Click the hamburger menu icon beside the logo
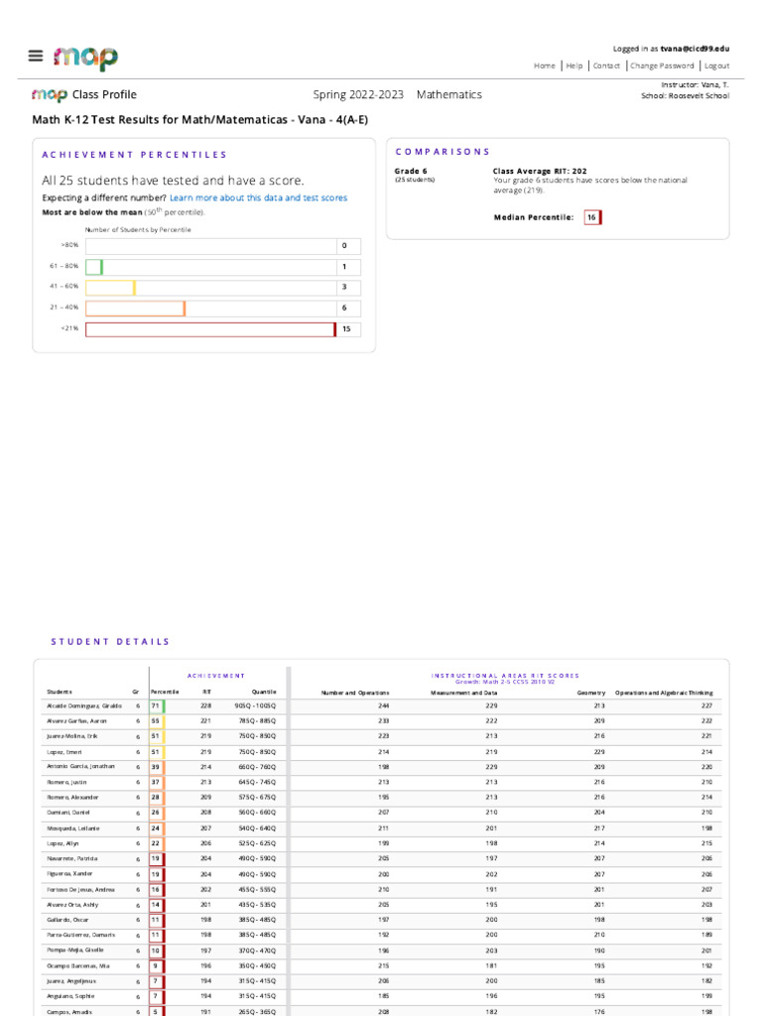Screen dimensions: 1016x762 pos(36,57)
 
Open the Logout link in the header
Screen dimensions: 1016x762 pos(716,65)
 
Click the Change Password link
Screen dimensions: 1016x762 pos(661,65)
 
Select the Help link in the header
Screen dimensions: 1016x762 pos(574,65)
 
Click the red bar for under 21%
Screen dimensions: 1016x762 pos(210,329)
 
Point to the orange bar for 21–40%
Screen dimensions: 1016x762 pos(135,309)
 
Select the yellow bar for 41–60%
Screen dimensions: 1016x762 pos(110,288)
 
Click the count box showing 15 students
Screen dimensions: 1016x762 pos(348,329)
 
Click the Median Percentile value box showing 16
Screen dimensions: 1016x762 pos(591,217)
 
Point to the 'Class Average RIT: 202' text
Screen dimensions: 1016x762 pos(540,171)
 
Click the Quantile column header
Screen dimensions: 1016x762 pos(264,692)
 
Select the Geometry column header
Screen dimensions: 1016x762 pos(591,692)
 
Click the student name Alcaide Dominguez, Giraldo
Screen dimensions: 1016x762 pos(84,705)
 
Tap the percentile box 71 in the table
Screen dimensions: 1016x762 pos(156,705)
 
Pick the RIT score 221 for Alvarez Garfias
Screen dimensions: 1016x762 pos(206,720)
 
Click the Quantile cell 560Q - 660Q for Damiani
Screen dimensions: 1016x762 pos(255,813)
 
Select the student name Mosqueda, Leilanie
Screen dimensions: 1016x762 pos(72,827)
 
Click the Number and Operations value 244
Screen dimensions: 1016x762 pos(382,705)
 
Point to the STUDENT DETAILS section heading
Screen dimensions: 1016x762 pos(110,642)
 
